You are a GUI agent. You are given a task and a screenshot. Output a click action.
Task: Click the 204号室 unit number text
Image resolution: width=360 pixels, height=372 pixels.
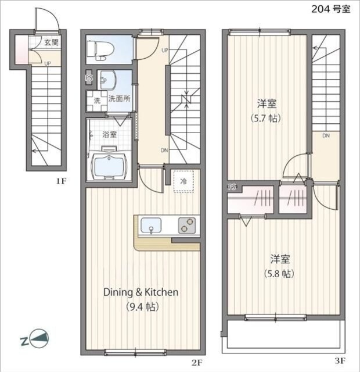[330, 9]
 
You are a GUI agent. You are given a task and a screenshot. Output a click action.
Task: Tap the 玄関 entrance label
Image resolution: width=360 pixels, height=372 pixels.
[52, 42]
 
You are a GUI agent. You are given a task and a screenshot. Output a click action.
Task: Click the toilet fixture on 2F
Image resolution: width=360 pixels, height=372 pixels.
[100, 50]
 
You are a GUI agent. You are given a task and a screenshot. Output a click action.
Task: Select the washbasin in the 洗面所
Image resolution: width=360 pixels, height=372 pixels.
[107, 80]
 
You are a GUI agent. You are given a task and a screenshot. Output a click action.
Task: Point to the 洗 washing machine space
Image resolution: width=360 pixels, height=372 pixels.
[97, 101]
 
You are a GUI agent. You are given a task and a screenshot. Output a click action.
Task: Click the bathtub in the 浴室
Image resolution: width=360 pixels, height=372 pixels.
[109, 166]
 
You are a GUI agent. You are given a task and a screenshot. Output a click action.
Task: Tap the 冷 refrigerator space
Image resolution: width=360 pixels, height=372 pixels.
[183, 181]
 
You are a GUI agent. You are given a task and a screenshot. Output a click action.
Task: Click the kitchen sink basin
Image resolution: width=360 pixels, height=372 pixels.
[151, 226]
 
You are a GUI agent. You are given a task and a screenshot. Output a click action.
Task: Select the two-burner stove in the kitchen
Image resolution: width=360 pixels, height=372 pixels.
[187, 226]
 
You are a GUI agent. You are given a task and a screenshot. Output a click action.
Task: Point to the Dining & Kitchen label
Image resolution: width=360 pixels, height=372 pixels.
[141, 292]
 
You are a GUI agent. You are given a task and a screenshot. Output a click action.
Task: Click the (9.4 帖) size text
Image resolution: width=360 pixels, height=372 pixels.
[142, 307]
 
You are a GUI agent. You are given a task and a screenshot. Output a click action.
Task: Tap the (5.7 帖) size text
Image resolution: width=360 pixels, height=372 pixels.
[266, 118]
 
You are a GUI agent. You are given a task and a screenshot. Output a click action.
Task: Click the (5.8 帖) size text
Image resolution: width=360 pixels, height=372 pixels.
[279, 274]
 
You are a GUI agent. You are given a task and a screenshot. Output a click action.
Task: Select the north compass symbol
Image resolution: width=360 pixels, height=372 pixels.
[35, 338]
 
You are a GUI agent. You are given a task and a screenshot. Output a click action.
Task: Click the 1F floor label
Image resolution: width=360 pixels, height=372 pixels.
[60, 181]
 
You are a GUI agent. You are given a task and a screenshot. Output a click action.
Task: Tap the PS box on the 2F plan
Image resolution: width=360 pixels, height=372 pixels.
[89, 77]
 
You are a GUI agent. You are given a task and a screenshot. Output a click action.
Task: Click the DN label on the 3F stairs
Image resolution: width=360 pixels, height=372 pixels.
[326, 135]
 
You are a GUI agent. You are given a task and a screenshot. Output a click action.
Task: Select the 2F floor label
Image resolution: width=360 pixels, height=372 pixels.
[197, 363]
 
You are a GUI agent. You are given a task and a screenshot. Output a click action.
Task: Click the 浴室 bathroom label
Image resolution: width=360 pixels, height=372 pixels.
[109, 135]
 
